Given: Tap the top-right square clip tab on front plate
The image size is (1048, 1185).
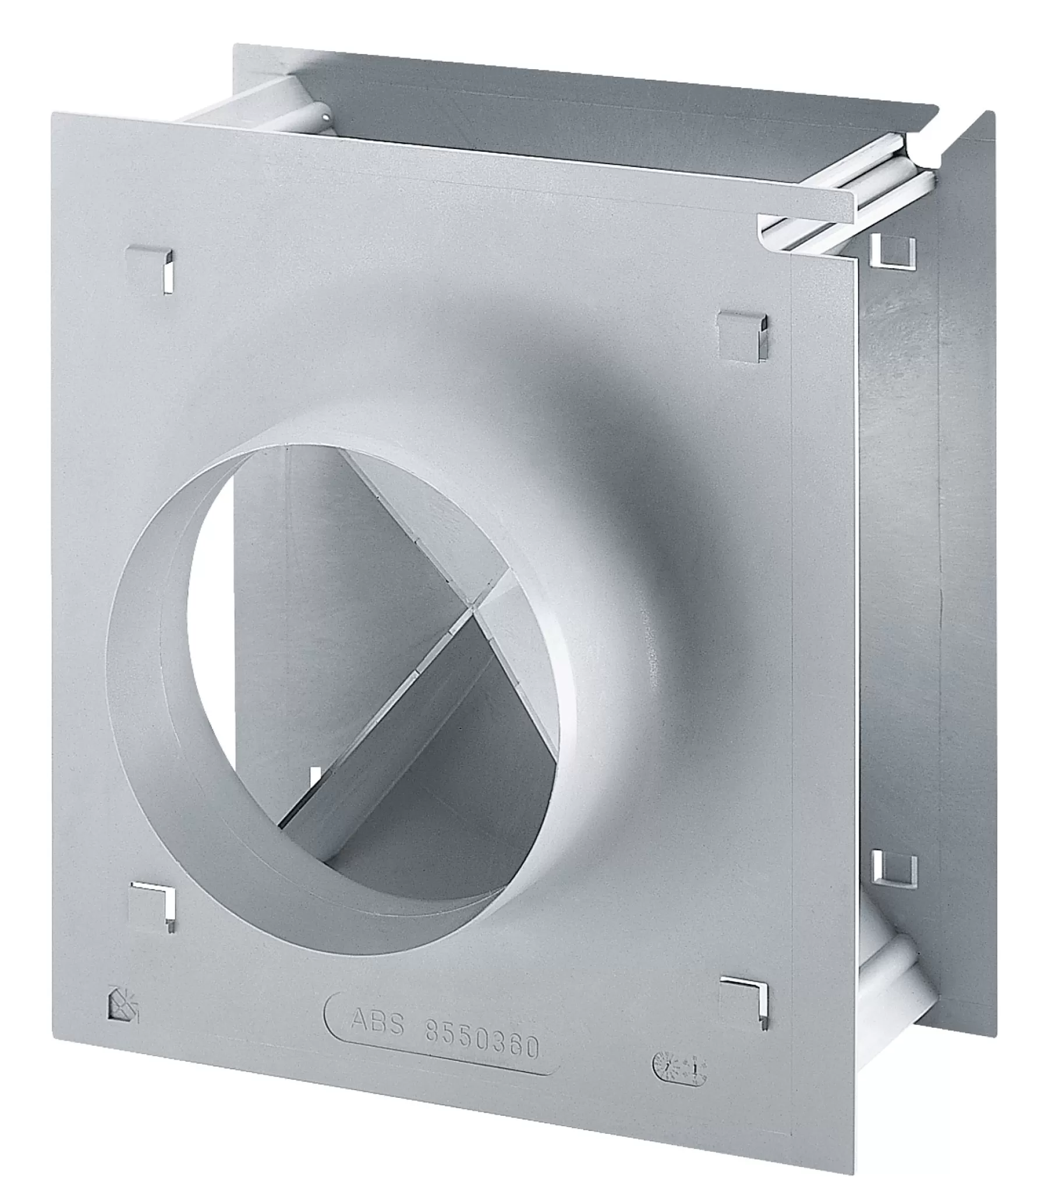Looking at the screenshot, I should click(741, 335).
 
